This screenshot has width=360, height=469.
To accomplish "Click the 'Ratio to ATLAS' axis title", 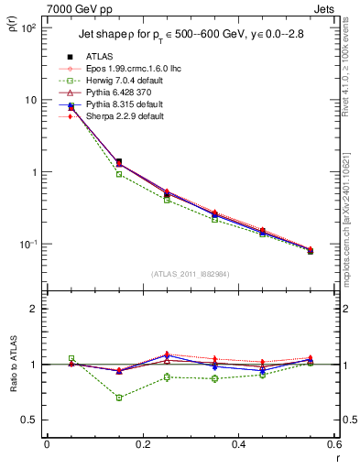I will [14, 365].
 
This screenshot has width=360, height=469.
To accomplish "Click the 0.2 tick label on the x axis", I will [141, 443].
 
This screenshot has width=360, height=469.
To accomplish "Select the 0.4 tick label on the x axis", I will [236, 443].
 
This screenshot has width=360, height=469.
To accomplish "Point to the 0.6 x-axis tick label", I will [332, 443].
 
